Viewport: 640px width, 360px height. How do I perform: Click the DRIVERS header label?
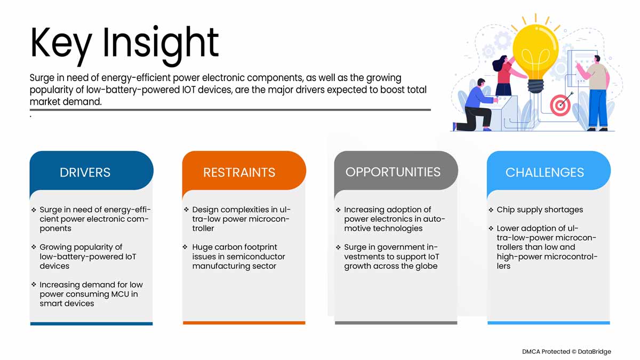[x=85, y=172]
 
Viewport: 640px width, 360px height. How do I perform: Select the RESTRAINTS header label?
[x=239, y=172]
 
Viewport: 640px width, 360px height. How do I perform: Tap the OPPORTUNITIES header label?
[x=393, y=172]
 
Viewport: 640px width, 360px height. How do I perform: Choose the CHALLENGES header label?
[x=545, y=172]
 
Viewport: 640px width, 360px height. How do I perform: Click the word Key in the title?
[x=61, y=44]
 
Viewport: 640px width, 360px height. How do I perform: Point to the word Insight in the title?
[x=161, y=44]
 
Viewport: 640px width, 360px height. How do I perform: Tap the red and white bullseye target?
[x=560, y=105]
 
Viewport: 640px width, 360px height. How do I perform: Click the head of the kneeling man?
[x=481, y=83]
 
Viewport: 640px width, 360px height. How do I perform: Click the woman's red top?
[x=505, y=74]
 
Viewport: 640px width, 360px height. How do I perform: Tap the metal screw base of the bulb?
[x=535, y=86]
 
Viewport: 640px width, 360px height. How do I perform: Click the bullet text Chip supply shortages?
[x=540, y=210]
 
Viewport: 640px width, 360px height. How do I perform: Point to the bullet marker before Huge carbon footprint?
[x=186, y=247]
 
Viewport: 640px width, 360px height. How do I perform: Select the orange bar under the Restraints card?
[x=244, y=323]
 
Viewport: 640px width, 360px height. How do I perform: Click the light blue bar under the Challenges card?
[x=549, y=323]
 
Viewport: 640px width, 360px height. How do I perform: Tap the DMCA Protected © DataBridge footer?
[x=566, y=351]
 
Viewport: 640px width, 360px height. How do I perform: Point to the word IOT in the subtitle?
[x=189, y=90]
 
